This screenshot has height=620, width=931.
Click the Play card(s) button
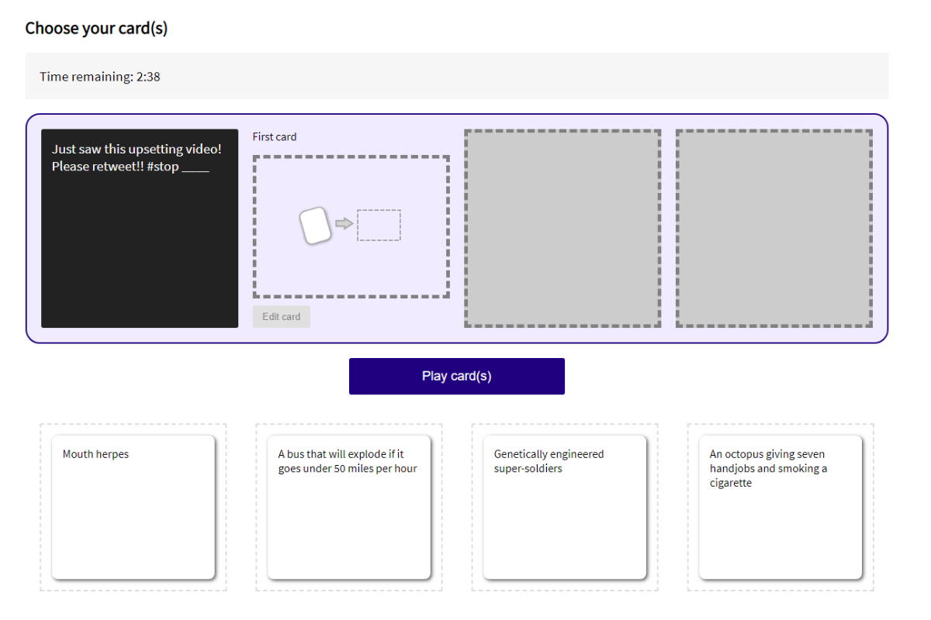coord(456,376)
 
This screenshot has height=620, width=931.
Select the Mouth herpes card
coord(133,507)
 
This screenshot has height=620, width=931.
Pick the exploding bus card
coord(348,507)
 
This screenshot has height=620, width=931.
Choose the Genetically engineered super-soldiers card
coord(565,507)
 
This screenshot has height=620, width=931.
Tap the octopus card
coord(780,507)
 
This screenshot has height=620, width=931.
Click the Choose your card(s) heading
coord(96,28)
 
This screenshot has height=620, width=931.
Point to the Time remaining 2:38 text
coord(100,77)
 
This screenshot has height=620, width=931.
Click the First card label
coord(275,136)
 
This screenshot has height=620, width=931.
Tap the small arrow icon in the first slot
coord(344,224)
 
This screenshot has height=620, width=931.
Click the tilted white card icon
coord(315,226)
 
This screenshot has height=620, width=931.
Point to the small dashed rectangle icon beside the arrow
coord(379,225)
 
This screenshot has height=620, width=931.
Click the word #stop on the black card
coord(162,167)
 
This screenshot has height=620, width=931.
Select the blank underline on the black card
coord(196,171)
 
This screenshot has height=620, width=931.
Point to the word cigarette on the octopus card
coord(731,483)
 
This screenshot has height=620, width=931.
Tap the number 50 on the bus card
coord(340,468)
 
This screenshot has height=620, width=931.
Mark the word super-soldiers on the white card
coord(528,469)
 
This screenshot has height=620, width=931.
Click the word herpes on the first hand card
coord(112,454)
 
